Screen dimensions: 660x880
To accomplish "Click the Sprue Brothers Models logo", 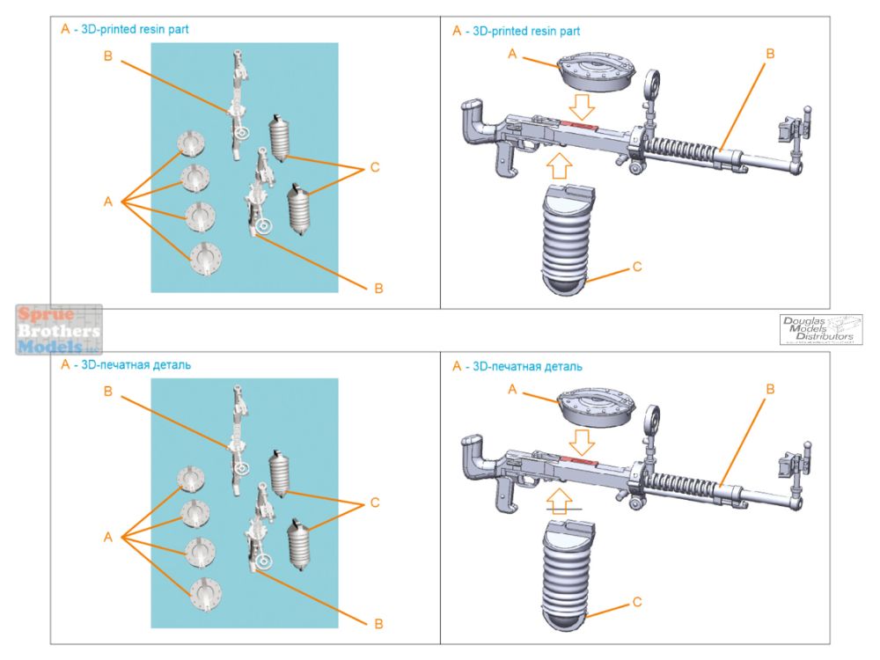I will [x=59, y=330].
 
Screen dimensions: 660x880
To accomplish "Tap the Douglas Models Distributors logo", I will [x=821, y=329].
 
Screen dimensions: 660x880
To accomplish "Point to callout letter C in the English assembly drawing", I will [x=638, y=266].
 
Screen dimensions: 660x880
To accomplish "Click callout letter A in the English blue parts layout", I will [x=108, y=202].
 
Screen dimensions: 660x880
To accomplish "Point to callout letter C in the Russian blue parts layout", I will [x=374, y=502].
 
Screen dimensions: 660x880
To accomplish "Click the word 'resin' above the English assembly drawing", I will [x=532, y=31].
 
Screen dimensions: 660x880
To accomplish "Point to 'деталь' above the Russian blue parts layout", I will [x=165, y=363].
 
